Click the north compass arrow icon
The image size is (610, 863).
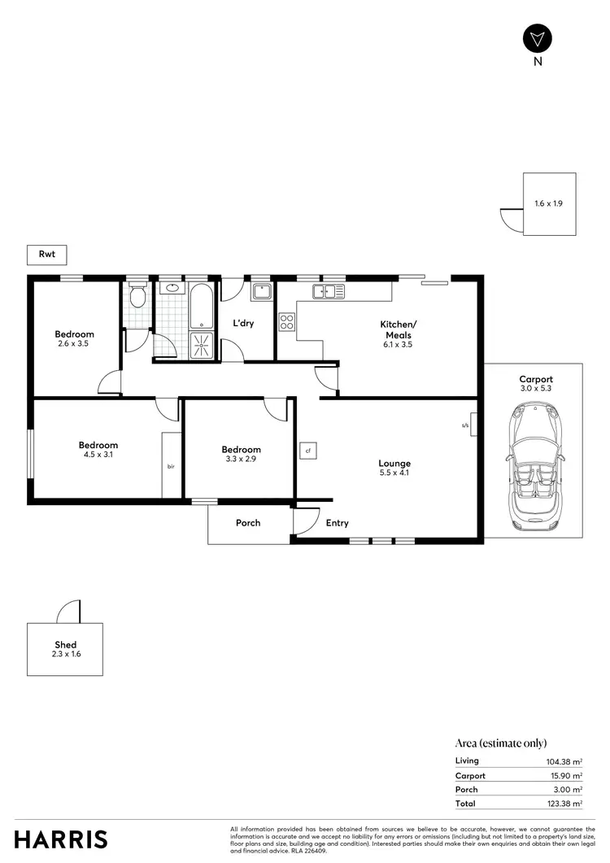click(x=537, y=38)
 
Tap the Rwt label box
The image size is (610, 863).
click(x=46, y=255)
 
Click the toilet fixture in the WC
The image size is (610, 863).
click(x=137, y=297)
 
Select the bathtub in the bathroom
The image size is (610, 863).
click(x=202, y=304)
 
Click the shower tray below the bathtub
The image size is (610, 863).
click(x=202, y=345)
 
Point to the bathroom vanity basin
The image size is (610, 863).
click(x=172, y=288)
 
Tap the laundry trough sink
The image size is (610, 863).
click(x=262, y=292)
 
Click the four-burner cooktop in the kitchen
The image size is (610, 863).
click(x=286, y=321)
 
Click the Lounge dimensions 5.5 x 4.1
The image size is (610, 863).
click(x=394, y=473)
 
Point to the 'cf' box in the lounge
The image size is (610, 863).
click(x=307, y=450)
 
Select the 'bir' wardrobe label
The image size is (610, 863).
click(x=171, y=466)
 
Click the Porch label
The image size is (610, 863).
click(x=248, y=522)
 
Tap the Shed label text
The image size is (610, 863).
click(x=65, y=645)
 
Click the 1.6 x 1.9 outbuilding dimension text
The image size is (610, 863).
click(x=549, y=203)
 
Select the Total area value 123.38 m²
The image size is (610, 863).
click(x=565, y=804)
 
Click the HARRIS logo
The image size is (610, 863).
click(x=61, y=839)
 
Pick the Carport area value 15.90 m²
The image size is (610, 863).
click(x=566, y=775)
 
